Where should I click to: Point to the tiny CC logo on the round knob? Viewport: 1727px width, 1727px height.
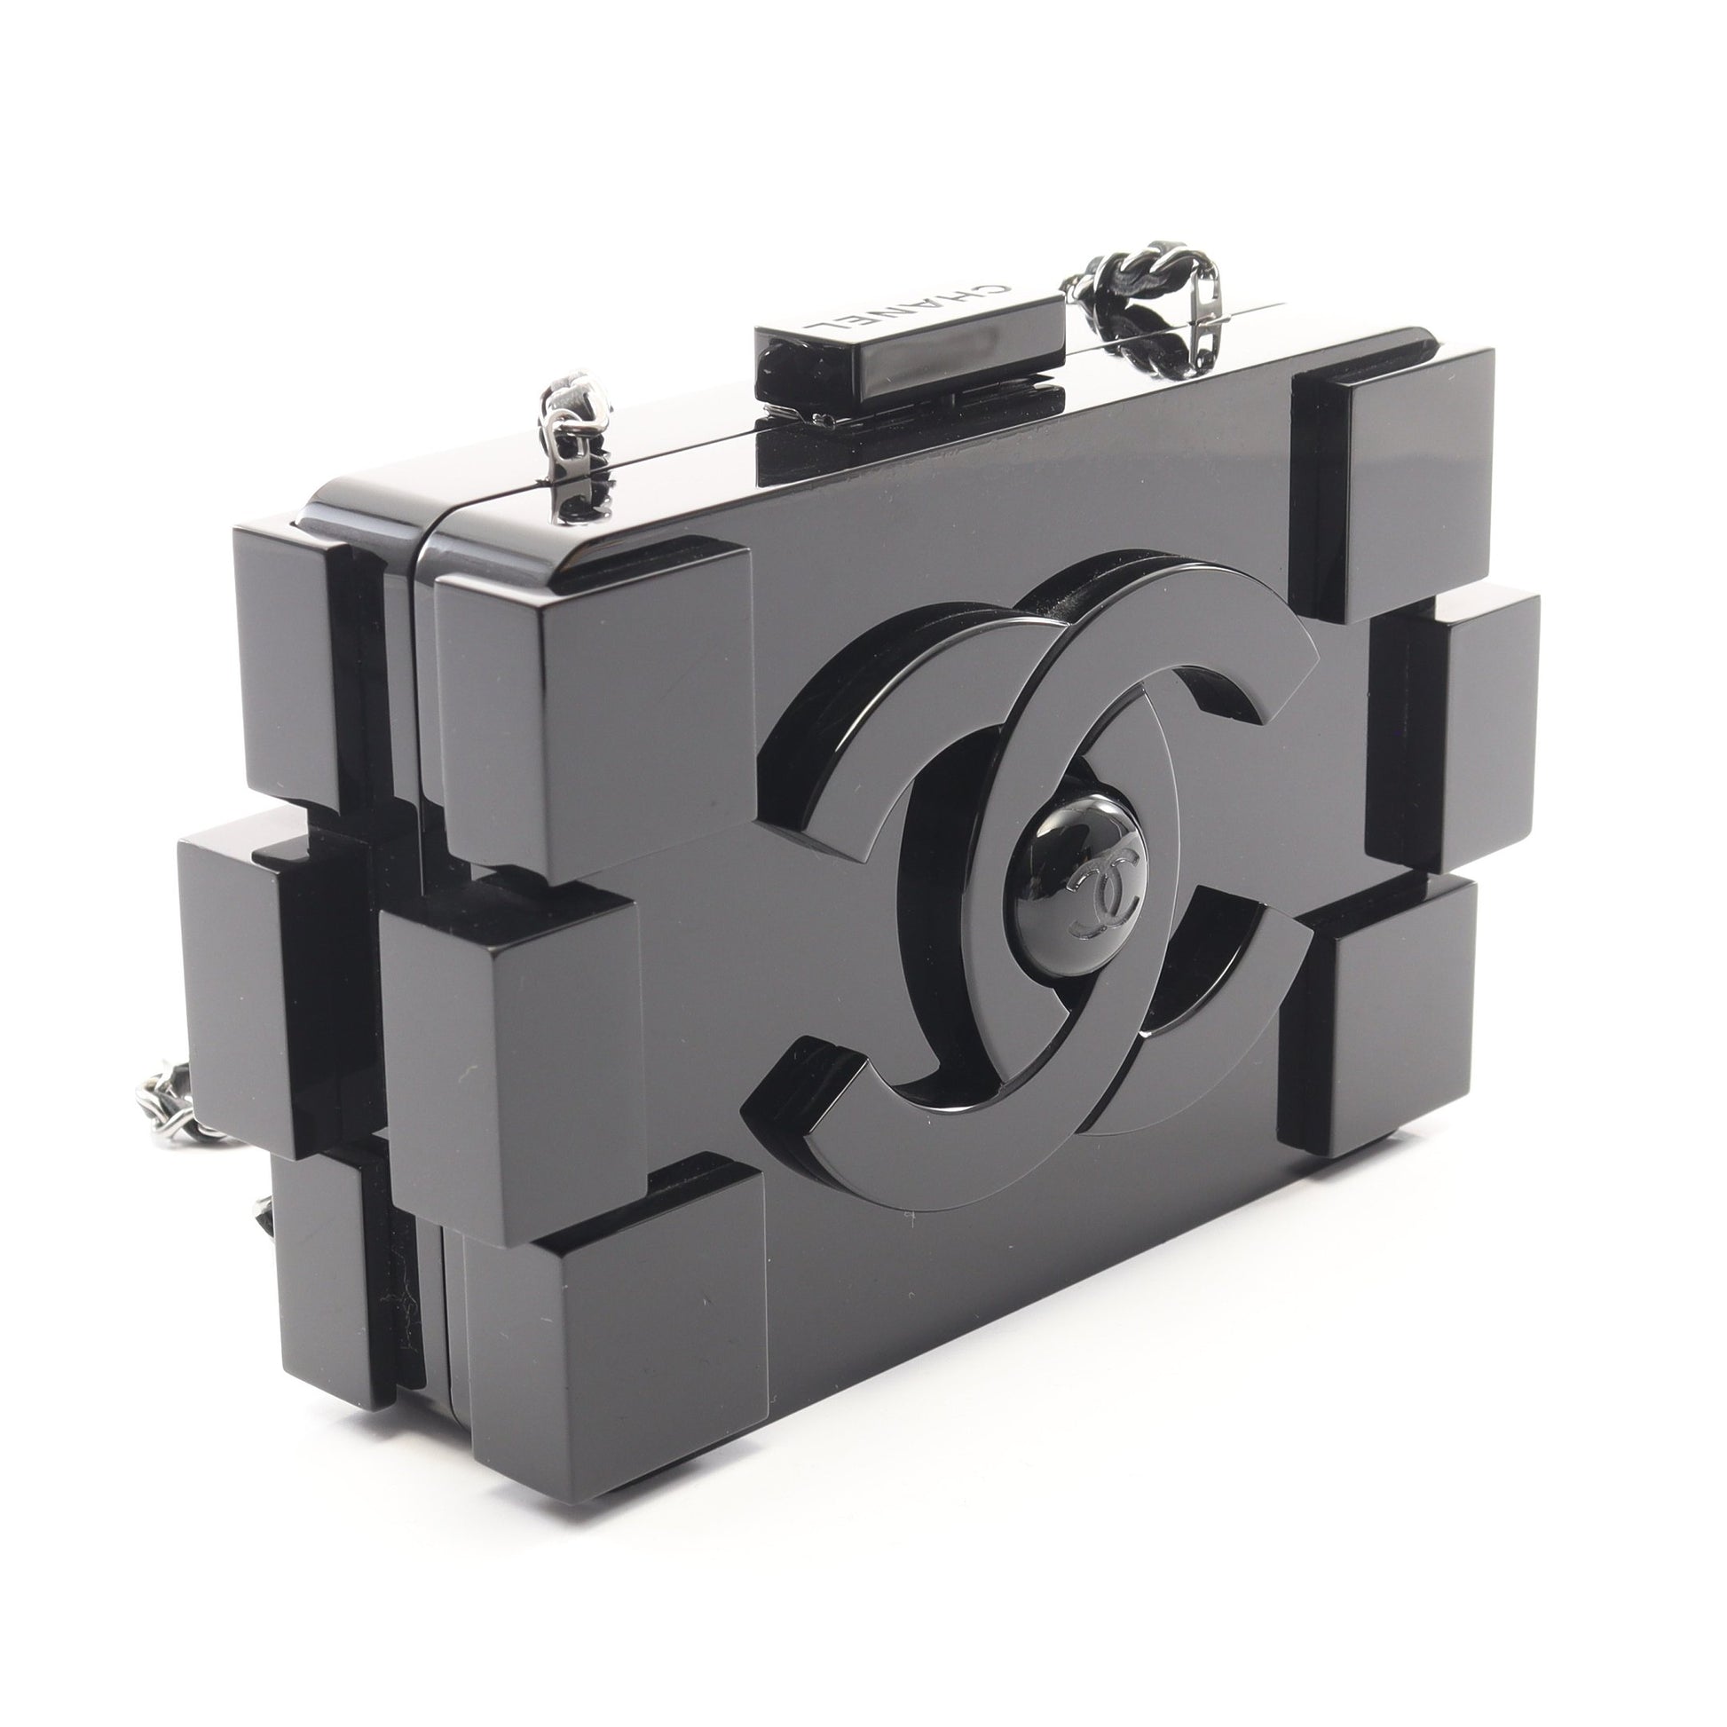point(1100,892)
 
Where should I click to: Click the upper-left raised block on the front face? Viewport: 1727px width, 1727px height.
point(590,706)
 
